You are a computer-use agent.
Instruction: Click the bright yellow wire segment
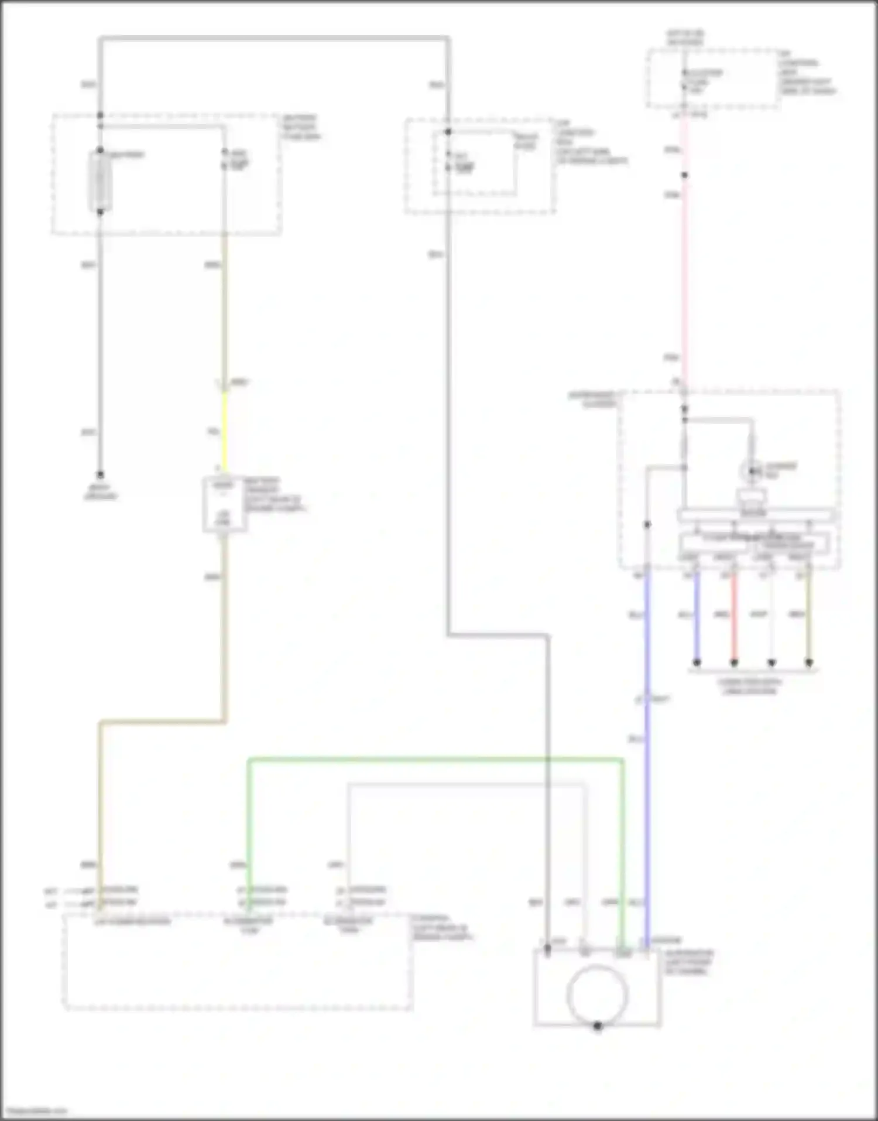click(x=224, y=430)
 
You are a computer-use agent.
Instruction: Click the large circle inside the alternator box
click(x=597, y=994)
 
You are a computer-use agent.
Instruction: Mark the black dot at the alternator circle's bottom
click(x=598, y=1026)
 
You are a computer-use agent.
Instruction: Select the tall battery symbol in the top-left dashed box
click(x=100, y=180)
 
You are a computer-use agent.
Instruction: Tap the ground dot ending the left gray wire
click(x=100, y=474)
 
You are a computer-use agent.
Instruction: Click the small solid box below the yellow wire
click(x=224, y=504)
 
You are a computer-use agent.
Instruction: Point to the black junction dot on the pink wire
click(x=684, y=175)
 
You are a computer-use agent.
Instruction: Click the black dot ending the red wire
click(x=734, y=663)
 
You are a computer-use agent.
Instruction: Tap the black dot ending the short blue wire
click(x=697, y=663)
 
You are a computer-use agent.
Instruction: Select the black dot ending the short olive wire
click(x=809, y=663)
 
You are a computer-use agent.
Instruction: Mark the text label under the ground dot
click(x=100, y=492)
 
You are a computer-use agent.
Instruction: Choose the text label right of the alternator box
click(x=689, y=962)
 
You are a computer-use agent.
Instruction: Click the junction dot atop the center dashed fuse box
click(x=448, y=132)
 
